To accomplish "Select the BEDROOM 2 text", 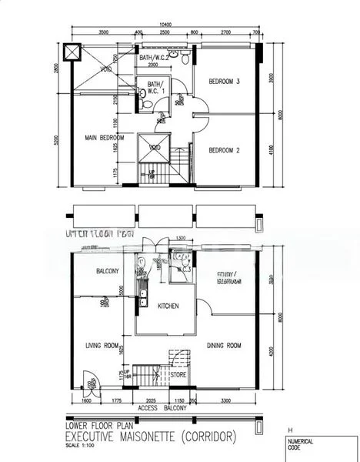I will click(x=225, y=150).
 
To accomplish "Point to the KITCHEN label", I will click(x=168, y=306).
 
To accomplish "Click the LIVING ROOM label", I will click(x=102, y=345).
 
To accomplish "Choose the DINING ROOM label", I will click(x=225, y=345).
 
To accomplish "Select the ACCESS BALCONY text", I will click(x=160, y=408).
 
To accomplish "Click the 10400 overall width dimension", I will click(x=165, y=25).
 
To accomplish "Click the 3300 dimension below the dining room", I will click(x=224, y=401).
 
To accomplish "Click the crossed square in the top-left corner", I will click(x=72, y=52).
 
